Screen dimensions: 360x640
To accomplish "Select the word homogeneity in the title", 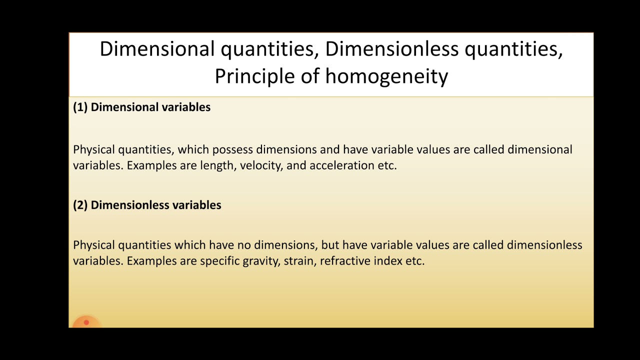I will click(x=386, y=76).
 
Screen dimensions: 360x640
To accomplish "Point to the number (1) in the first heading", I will click(x=80, y=107).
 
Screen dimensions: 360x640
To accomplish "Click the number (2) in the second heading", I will click(x=80, y=205).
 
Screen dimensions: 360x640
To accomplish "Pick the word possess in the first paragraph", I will click(x=233, y=149).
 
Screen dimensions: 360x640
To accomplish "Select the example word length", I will click(x=217, y=165).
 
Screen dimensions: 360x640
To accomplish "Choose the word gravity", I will click(x=260, y=261).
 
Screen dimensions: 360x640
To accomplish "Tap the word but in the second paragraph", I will click(x=330, y=245).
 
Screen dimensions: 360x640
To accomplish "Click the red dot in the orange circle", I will click(x=86, y=322).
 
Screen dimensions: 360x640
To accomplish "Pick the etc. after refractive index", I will click(x=414, y=261).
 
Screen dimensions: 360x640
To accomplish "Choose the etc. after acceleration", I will click(x=387, y=165).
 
